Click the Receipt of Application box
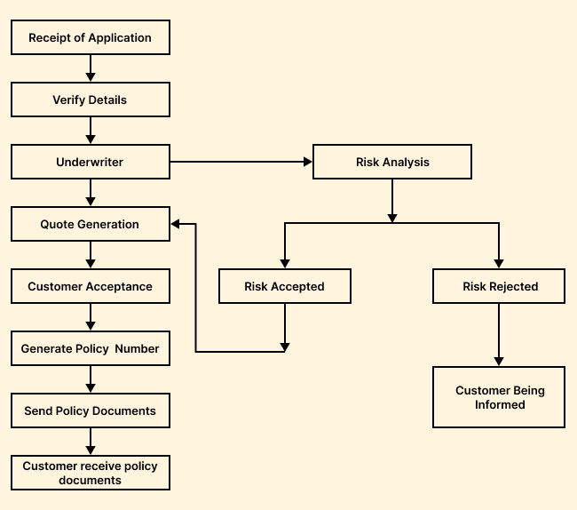pyautogui.click(x=90, y=38)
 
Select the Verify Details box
pyautogui.click(x=90, y=100)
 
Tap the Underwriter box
pyautogui.click(x=90, y=163)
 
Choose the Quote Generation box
pyautogui.click(x=90, y=224)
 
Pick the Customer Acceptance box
pyautogui.click(x=90, y=287)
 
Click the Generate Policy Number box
pyautogui.click(x=90, y=349)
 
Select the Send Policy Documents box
pyautogui.click(x=90, y=411)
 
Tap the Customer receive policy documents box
pyautogui.click(x=90, y=473)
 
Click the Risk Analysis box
pyautogui.click(x=392, y=163)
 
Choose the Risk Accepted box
pyautogui.click(x=284, y=287)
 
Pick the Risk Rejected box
pyautogui.click(x=500, y=287)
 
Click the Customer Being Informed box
pyautogui.click(x=500, y=397)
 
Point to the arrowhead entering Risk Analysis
pyautogui.click(x=308, y=163)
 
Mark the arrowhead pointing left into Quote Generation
pyautogui.click(x=176, y=224)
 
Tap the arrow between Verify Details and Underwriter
pyautogui.click(x=91, y=131)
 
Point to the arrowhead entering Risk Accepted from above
pyautogui.click(x=284, y=263)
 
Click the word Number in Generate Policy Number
pyautogui.click(x=137, y=349)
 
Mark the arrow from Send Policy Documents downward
pyautogui.click(x=91, y=442)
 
